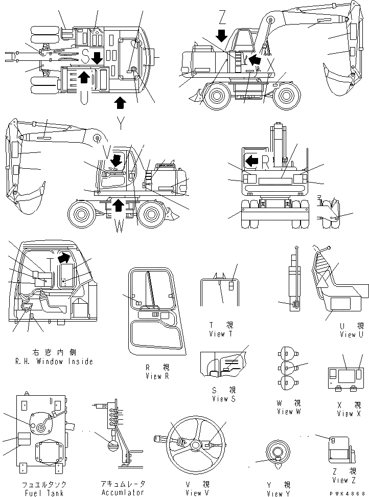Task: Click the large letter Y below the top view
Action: pyautogui.click(x=120, y=122)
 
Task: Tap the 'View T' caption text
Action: pyautogui.click(x=221, y=334)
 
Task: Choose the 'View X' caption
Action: pyautogui.click(x=345, y=414)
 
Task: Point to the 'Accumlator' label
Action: pyautogui.click(x=123, y=493)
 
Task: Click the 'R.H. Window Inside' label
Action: pyautogui.click(x=52, y=362)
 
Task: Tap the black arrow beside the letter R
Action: pyautogui.click(x=251, y=162)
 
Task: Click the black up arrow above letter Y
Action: pyautogui.click(x=120, y=102)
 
